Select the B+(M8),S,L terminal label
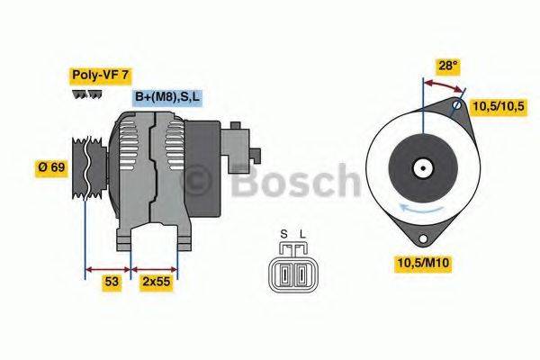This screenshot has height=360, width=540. pos(166,97)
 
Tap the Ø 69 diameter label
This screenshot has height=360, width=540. pos(50,168)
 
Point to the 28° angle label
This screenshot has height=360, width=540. pos(447,66)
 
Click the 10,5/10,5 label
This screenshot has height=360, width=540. pos(499,105)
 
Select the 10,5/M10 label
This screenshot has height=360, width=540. pos(422,262)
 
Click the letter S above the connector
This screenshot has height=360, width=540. pos(283,235)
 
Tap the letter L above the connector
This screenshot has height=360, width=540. pos(302,235)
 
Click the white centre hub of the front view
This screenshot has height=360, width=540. pos(421,167)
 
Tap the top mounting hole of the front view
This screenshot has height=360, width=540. pos(456,106)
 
